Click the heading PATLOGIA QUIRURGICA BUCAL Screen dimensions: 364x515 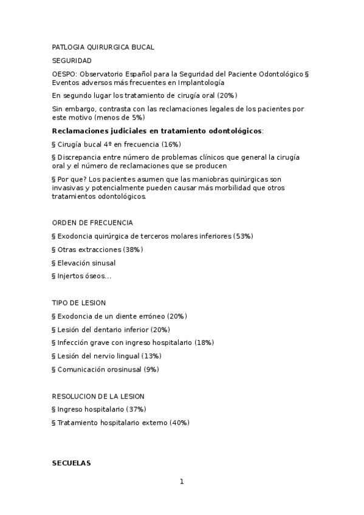[x=103, y=47]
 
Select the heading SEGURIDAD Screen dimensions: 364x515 [x=72, y=61]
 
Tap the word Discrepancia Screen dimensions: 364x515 [x=78, y=157]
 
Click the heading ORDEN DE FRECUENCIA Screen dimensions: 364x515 [x=92, y=222]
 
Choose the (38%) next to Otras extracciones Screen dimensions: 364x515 [x=133, y=250]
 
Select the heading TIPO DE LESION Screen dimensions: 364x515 [x=79, y=302]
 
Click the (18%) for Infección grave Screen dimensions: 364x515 [x=204, y=343]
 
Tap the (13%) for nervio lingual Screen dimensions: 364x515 [x=151, y=356]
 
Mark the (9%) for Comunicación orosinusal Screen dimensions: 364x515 [x=152, y=369]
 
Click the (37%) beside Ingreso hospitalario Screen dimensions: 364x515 [x=136, y=409]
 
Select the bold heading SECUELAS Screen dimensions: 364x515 [x=71, y=463]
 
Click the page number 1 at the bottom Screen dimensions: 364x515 [x=181, y=482]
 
